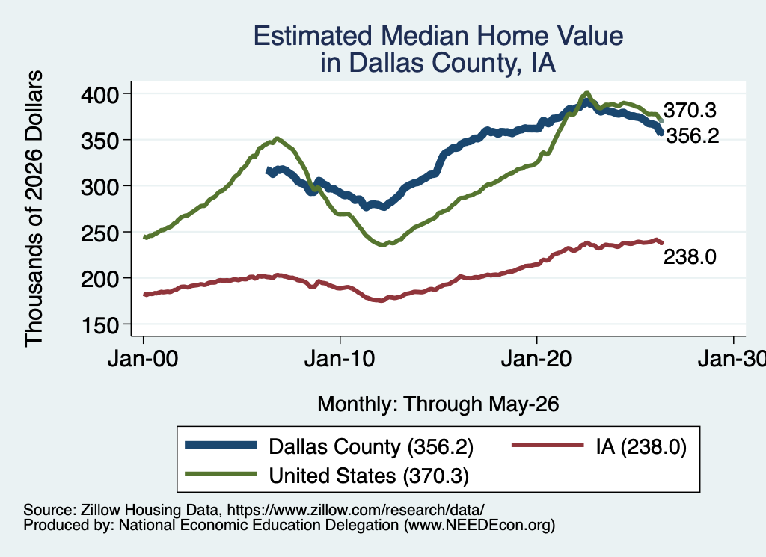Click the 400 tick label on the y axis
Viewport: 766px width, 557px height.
[100, 94]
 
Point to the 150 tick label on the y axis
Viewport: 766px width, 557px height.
[100, 326]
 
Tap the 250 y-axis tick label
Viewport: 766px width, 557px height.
[100, 233]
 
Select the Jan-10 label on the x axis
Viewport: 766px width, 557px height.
[340, 360]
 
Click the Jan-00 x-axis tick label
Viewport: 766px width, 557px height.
[143, 360]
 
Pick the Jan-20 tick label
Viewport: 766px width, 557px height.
[536, 360]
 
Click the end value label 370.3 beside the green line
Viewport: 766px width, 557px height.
[690, 111]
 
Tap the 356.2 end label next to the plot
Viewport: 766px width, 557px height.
[693, 136]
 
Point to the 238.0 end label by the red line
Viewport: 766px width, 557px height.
[690, 256]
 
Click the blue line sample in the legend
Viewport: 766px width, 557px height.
[221, 445]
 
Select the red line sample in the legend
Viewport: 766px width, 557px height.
[548, 445]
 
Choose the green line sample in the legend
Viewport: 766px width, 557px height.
[221, 474]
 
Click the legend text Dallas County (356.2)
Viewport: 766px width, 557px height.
[371, 446]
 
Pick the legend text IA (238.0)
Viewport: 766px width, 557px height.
[641, 446]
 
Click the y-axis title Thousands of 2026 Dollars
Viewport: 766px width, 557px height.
[34, 209]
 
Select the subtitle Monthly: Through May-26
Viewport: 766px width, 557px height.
[438, 404]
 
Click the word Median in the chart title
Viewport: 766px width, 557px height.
[424, 36]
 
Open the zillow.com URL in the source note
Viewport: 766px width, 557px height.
[355, 510]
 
